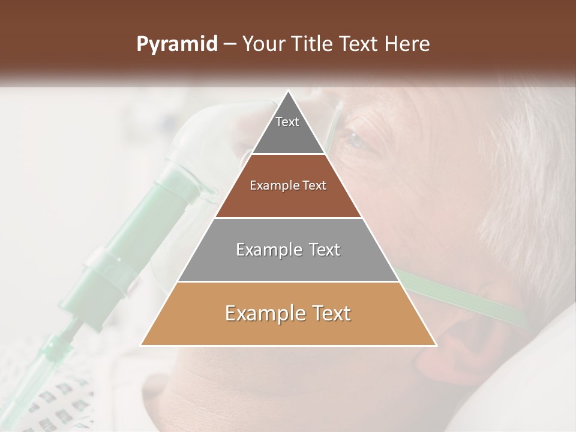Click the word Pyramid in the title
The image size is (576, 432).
[x=177, y=44]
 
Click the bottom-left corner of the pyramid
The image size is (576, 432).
[x=142, y=345]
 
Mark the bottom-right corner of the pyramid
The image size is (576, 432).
[x=436, y=345]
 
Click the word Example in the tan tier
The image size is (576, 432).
[x=259, y=314]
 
